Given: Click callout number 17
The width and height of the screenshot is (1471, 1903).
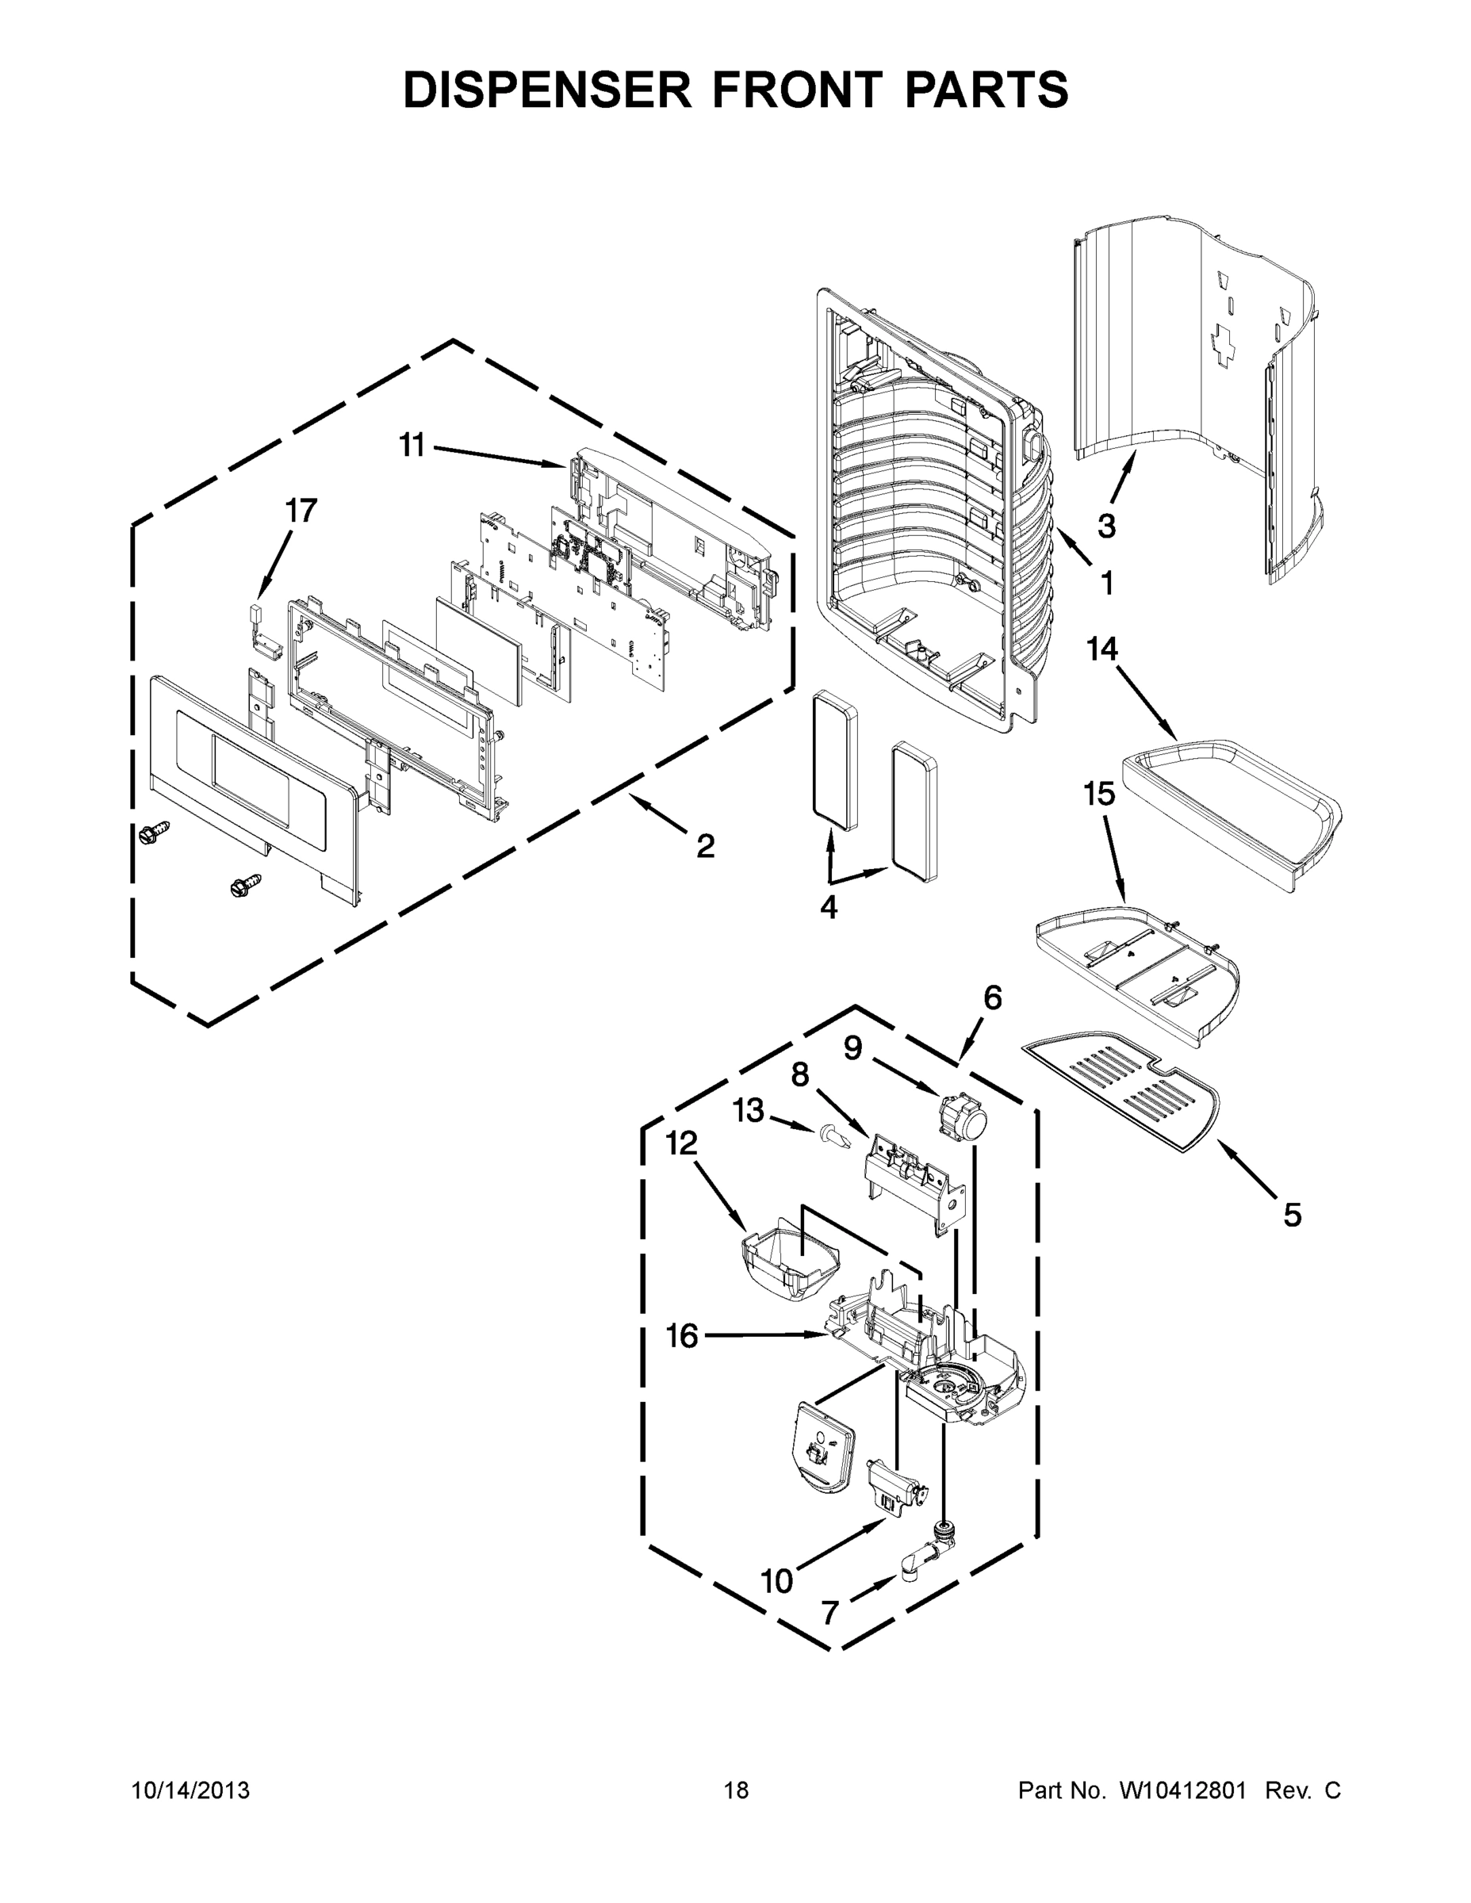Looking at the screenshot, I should pyautogui.click(x=301, y=511).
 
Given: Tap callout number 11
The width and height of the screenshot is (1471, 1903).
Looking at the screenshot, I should pyautogui.click(x=412, y=446).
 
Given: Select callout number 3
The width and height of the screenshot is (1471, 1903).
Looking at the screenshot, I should pyautogui.click(x=1106, y=526).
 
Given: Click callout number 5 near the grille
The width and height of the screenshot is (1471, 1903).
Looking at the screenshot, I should pyautogui.click(x=1293, y=1215).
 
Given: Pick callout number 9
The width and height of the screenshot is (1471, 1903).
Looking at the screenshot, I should pyautogui.click(x=852, y=1048).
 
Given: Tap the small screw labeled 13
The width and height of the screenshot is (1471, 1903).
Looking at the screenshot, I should pyautogui.click(x=830, y=1135).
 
